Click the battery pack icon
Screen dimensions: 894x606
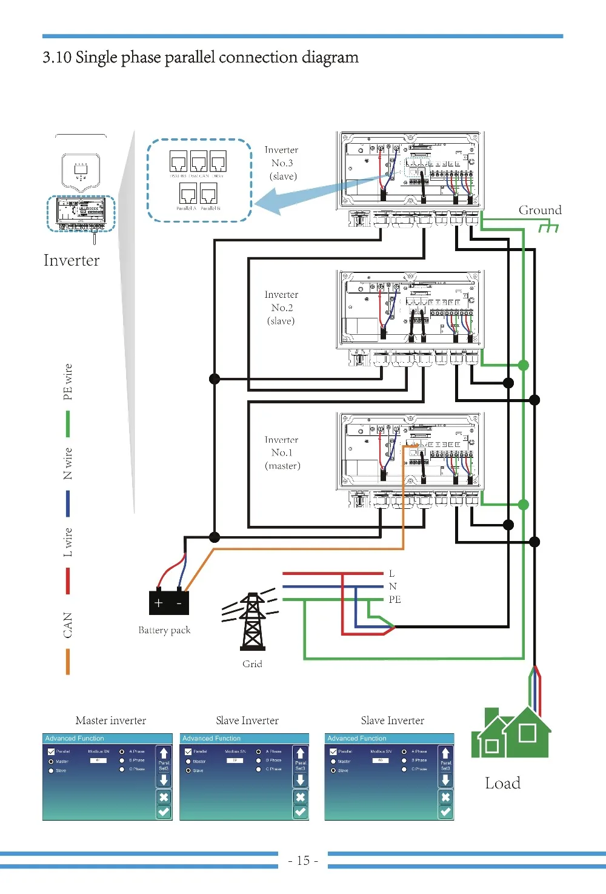[169, 603]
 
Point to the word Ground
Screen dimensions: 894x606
[539, 210]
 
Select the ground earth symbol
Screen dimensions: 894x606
[548, 227]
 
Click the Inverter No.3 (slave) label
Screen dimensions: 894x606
[282, 163]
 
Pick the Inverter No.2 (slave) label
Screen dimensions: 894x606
[281, 308]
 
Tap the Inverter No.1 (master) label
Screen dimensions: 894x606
[282, 452]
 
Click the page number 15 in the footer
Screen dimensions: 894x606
[303, 860]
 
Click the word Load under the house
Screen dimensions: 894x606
[502, 783]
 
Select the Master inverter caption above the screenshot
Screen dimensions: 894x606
[111, 721]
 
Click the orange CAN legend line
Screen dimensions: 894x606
[68, 662]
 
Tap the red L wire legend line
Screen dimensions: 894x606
[68, 581]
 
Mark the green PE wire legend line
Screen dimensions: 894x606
[68, 424]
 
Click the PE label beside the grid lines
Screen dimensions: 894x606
[395, 599]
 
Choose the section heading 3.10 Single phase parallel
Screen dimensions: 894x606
[201, 58]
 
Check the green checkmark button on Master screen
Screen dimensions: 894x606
[164, 812]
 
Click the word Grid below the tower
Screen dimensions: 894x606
[252, 664]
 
